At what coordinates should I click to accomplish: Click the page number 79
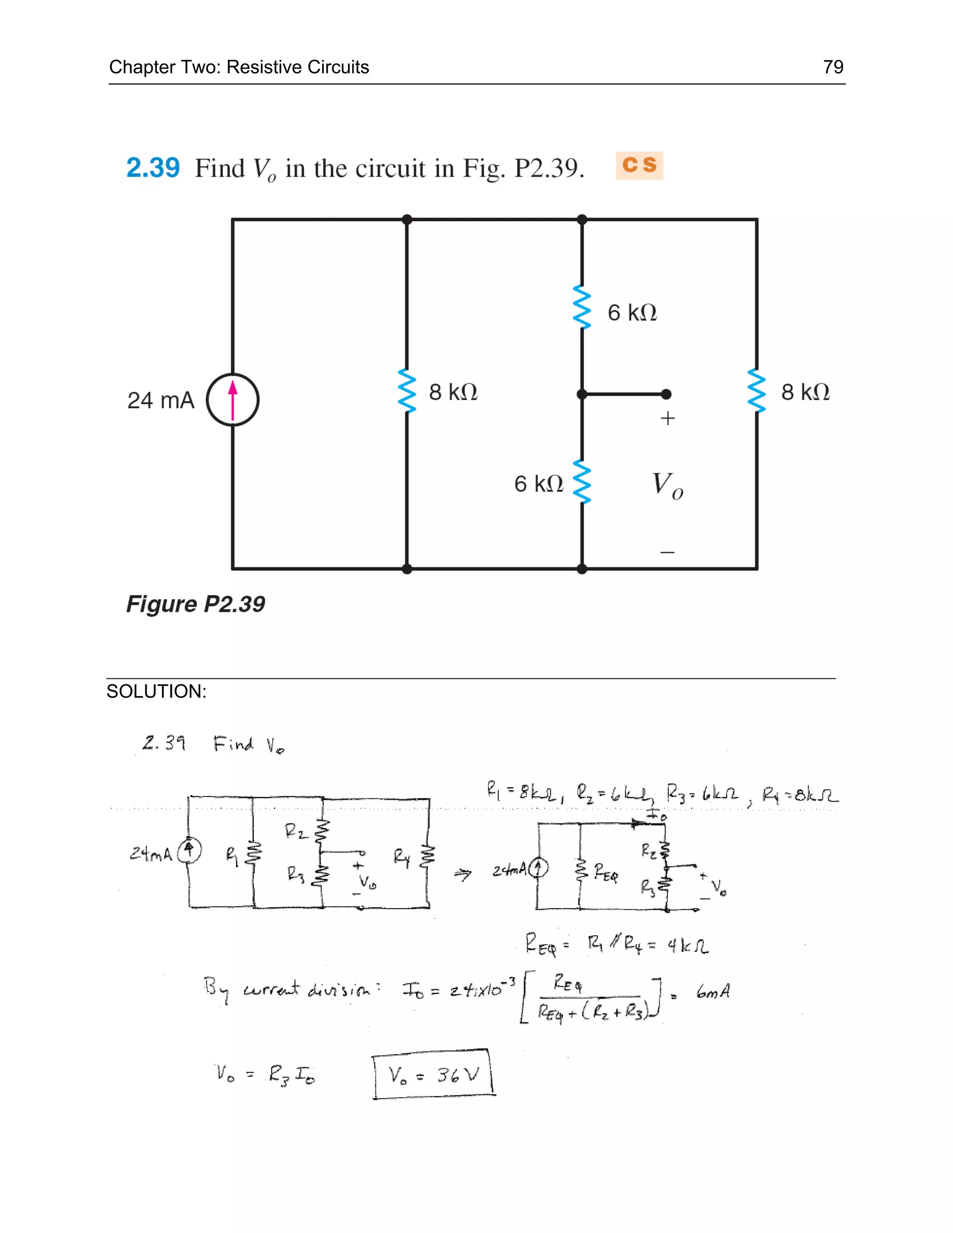click(x=833, y=67)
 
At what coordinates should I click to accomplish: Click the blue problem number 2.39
click(x=153, y=168)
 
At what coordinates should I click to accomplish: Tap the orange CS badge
click(x=639, y=166)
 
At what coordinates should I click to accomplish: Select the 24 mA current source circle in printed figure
click(x=233, y=400)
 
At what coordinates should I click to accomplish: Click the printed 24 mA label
click(x=161, y=400)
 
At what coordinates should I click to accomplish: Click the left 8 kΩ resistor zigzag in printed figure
click(x=407, y=391)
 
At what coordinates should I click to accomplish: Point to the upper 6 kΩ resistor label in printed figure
click(x=632, y=313)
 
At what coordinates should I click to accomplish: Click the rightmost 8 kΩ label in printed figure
click(x=805, y=392)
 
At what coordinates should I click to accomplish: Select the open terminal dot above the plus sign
click(x=666, y=394)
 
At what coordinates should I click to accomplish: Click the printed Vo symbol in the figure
click(x=667, y=485)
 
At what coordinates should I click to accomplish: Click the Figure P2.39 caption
click(x=195, y=604)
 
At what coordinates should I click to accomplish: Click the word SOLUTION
click(x=156, y=691)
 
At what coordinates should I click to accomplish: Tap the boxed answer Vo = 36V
click(x=434, y=1074)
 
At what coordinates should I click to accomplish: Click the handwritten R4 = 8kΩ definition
click(x=800, y=795)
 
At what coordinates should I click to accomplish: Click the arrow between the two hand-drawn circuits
click(x=463, y=875)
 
